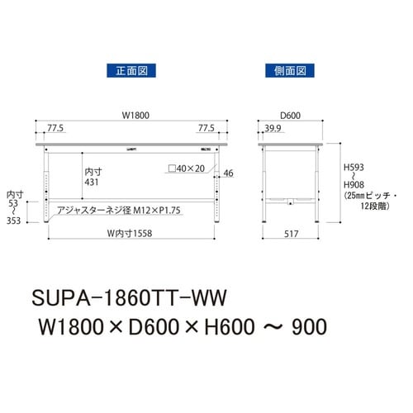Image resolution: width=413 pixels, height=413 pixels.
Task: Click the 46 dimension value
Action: click(x=229, y=173)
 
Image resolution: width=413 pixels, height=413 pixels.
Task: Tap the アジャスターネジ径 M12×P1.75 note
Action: click(x=119, y=211)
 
